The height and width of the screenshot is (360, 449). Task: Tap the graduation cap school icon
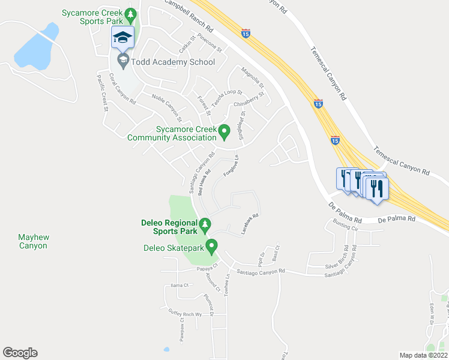[x=122, y=38]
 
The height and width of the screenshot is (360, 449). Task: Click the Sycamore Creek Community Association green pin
[x=224, y=130]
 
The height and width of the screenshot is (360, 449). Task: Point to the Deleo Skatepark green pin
[x=211, y=245]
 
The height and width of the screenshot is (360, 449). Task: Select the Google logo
[x=20, y=353]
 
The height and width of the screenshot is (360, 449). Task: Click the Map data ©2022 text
[x=423, y=355]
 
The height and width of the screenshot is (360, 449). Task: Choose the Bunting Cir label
[x=342, y=229]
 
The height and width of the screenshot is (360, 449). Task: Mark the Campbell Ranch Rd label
[x=188, y=16]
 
